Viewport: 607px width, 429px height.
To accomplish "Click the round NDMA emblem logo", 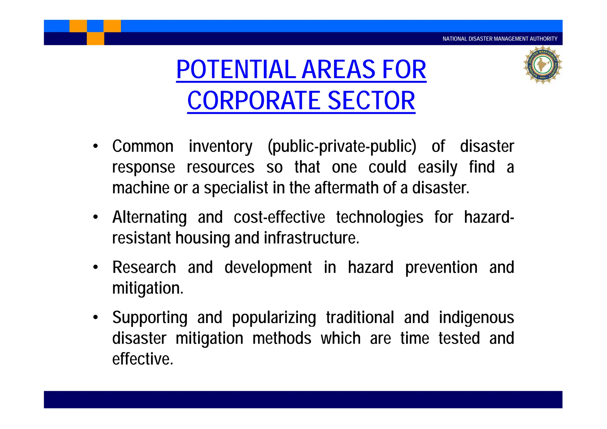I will coord(542,65).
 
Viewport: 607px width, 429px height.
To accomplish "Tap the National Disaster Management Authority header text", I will coord(500,39).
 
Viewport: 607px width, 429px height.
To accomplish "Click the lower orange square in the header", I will coord(95,39).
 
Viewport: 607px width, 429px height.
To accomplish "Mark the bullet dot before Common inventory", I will coord(95,146).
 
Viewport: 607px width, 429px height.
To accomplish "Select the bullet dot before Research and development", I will coord(95,267).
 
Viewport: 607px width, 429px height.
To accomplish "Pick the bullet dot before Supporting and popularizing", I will coord(95,317).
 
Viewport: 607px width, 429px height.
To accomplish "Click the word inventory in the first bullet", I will coord(221,147).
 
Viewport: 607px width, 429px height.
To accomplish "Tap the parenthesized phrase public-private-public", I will coord(342,147).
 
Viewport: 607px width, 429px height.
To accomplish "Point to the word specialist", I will coord(236,188).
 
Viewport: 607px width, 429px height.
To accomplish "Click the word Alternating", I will coord(150,217).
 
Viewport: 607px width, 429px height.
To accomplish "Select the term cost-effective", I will coord(279,217).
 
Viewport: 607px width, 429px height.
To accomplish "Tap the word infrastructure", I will coord(311,238).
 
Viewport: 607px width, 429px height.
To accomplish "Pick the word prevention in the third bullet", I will coord(441,268).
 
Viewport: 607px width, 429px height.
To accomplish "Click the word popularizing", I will coord(274,318).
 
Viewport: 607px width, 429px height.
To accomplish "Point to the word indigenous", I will coord(476,318).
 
